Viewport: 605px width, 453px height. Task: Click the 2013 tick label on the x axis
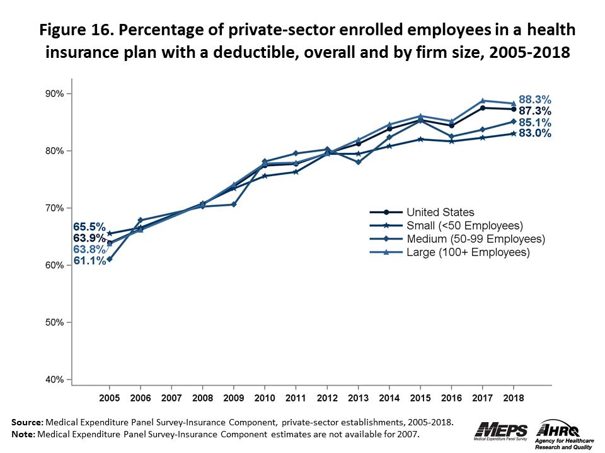[x=358, y=399]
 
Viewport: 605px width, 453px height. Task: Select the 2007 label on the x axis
[x=171, y=399]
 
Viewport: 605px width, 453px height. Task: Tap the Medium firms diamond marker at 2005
[x=110, y=259]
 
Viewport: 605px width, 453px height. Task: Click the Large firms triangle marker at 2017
[x=483, y=101]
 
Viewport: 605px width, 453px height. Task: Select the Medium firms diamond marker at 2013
[x=358, y=162]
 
